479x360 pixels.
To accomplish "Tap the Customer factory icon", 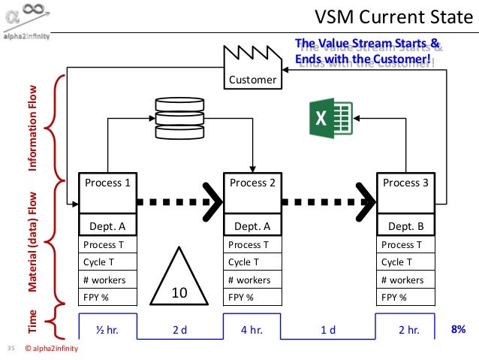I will [x=252, y=65].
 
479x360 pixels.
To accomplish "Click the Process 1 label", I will [x=107, y=183].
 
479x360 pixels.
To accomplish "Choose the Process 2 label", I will [x=252, y=183].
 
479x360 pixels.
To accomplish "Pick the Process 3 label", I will [x=406, y=183].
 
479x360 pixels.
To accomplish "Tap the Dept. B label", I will [x=406, y=225].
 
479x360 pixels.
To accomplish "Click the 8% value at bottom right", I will [x=458, y=329].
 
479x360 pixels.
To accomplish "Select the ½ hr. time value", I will [x=107, y=330].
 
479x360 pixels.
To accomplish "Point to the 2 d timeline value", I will [x=179, y=330].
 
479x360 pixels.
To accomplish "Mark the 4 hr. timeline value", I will [x=252, y=330].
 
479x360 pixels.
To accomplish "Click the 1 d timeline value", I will [x=327, y=330].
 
